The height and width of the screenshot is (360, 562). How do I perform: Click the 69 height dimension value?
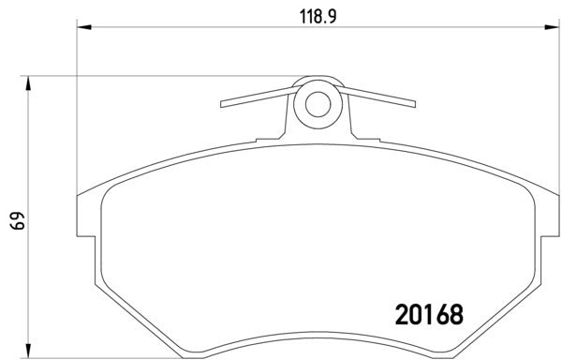point(16,221)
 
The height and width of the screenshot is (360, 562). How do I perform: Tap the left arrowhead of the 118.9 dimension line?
point(81,30)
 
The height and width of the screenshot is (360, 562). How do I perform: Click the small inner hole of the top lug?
point(317,103)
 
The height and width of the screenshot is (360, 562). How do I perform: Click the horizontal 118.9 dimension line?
point(187,30)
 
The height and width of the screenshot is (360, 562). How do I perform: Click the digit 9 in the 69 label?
point(16,216)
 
